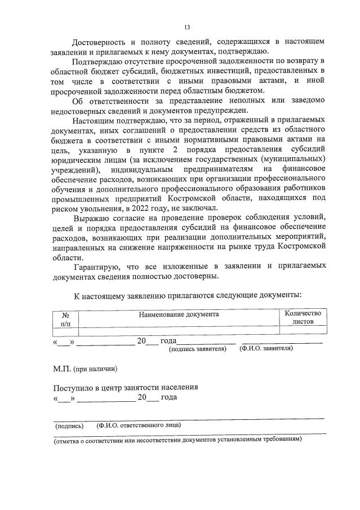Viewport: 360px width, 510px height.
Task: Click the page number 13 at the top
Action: click(187, 26)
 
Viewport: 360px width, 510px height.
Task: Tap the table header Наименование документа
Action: click(179, 314)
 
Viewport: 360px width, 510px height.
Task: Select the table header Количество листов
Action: click(303, 318)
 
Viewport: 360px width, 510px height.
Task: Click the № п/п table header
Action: click(65, 319)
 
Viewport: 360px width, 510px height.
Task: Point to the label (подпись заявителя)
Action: click(198, 349)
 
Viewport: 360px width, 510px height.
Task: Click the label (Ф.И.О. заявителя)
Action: click(266, 349)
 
